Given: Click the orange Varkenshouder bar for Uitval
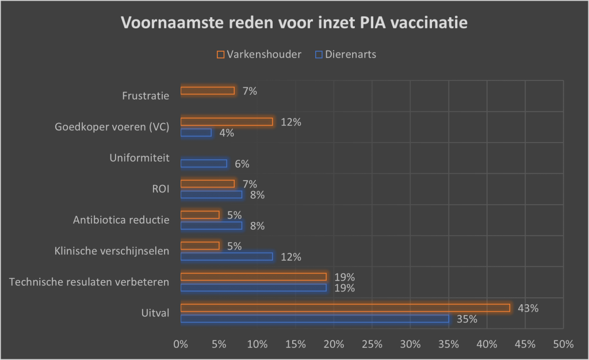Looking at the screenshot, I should pos(345,308).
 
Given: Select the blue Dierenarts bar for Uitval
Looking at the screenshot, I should pos(315,319).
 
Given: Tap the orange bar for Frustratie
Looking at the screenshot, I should pos(208,90).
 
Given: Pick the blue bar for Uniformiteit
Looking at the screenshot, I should pos(204,163).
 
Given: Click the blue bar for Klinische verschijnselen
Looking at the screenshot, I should pos(227,256).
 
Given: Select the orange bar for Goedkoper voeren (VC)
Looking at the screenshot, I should pos(227,121).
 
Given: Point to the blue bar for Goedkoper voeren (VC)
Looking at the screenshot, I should pos(196,132).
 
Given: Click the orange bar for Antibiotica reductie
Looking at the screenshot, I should pos(200,215).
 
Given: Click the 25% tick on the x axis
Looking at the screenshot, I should pos(372,344).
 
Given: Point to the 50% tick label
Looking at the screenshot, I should pos(563,344).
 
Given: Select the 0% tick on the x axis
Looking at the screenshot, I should pos(181,344).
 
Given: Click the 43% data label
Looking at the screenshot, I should pos(528,308).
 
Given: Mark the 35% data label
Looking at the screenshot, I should pos(466,319).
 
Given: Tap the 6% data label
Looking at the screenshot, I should pos(242,164).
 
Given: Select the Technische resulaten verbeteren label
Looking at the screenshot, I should pos(90,282).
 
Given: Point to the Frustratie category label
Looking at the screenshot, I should pos(146,95).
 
